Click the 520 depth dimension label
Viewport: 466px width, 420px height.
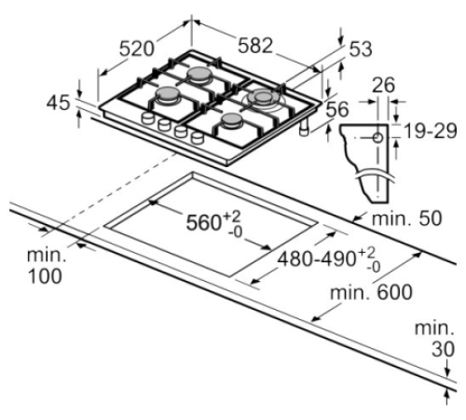(137, 49)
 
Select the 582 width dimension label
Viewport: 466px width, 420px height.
(255, 46)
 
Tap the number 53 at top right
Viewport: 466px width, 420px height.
(361, 49)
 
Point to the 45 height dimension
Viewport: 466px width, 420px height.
(58, 103)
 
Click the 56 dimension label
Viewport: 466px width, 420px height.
(337, 109)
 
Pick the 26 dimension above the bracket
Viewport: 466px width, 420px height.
(383, 85)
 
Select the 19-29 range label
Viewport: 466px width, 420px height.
(431, 131)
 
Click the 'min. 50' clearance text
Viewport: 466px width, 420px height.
(406, 218)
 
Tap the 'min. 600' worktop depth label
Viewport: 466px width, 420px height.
(371, 292)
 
